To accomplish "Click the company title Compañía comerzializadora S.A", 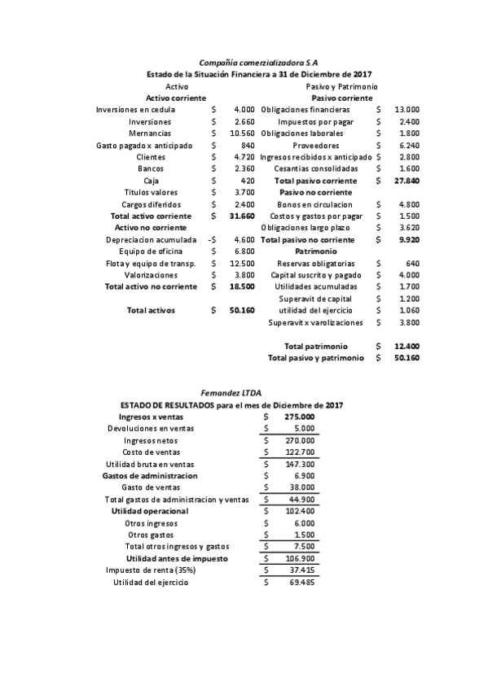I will pyautogui.click(x=259, y=62).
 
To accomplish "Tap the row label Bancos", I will pyautogui.click(x=151, y=168).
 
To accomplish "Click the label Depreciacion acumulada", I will pyautogui.click(x=151, y=240).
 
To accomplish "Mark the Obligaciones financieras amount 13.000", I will pyautogui.click(x=407, y=109).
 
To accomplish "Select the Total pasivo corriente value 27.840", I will pyautogui.click(x=407, y=181).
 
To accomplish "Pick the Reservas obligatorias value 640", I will pyautogui.click(x=411, y=264).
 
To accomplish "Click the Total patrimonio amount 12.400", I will pyautogui.click(x=407, y=347).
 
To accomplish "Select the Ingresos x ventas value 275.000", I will pyautogui.click(x=299, y=417).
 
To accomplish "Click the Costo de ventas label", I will pyautogui.click(x=151, y=452).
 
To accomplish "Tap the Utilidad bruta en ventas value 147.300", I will pyautogui.click(x=300, y=464).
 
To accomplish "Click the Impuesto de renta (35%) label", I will pyautogui.click(x=151, y=570).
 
